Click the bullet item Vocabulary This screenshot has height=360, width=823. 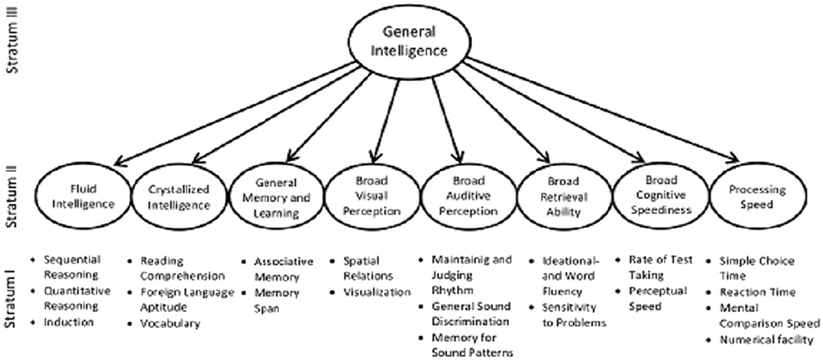(170, 324)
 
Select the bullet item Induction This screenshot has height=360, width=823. (69, 322)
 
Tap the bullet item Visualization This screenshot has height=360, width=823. (377, 293)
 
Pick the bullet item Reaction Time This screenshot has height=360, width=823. (757, 293)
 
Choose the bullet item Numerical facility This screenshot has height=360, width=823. (766, 340)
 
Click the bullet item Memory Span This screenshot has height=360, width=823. (276, 300)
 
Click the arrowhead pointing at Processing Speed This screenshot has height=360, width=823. (733, 158)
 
